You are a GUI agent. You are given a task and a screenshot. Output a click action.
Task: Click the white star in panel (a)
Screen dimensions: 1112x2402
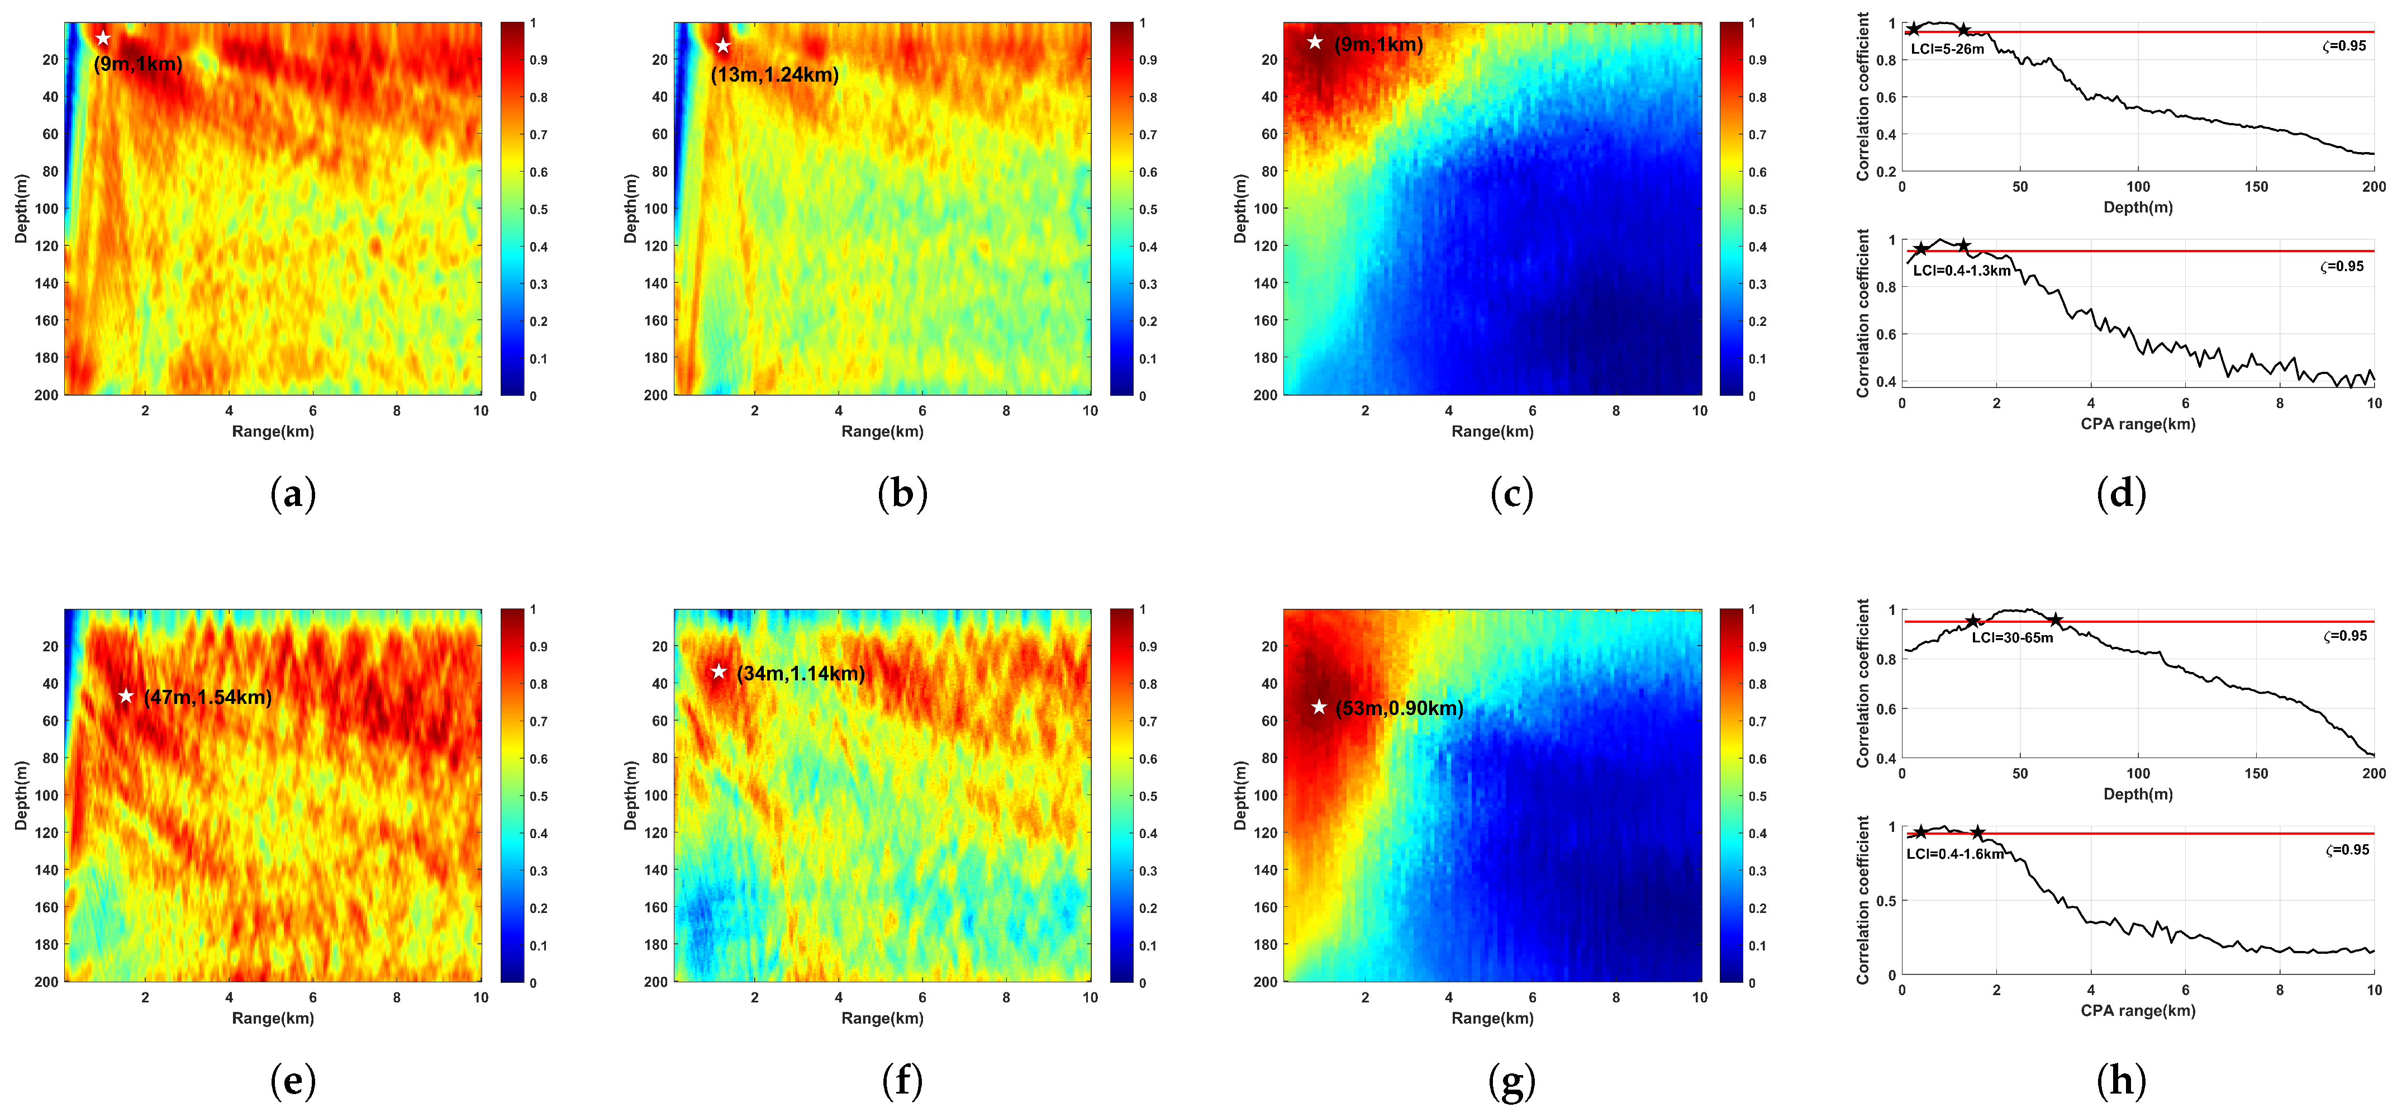pyautogui.click(x=103, y=38)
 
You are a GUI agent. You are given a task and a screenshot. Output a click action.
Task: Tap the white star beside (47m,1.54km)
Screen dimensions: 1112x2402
pyautogui.click(x=126, y=696)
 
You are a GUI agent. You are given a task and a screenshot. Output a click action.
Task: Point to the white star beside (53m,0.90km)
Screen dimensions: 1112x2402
pyautogui.click(x=1319, y=707)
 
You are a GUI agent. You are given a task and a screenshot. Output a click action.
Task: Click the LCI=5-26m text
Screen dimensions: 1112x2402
pyautogui.click(x=1947, y=49)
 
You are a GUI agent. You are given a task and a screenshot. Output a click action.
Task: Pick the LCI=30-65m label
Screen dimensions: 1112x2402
pyautogui.click(x=2011, y=638)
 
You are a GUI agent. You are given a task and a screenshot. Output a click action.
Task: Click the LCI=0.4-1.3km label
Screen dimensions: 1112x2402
pyautogui.click(x=1961, y=271)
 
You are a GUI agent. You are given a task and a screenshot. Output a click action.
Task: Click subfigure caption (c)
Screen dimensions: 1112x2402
pyautogui.click(x=1511, y=494)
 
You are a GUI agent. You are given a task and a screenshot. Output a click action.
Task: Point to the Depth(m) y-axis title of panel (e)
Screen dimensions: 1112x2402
pyautogui.click(x=21, y=796)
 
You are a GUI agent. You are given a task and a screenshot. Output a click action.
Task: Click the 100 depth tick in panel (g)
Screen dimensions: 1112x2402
pyautogui.click(x=1266, y=796)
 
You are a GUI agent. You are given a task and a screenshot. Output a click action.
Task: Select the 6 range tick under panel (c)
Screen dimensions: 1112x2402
pyautogui.click(x=1532, y=410)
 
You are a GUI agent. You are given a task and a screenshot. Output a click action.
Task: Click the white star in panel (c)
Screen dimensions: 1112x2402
pyautogui.click(x=1315, y=42)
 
